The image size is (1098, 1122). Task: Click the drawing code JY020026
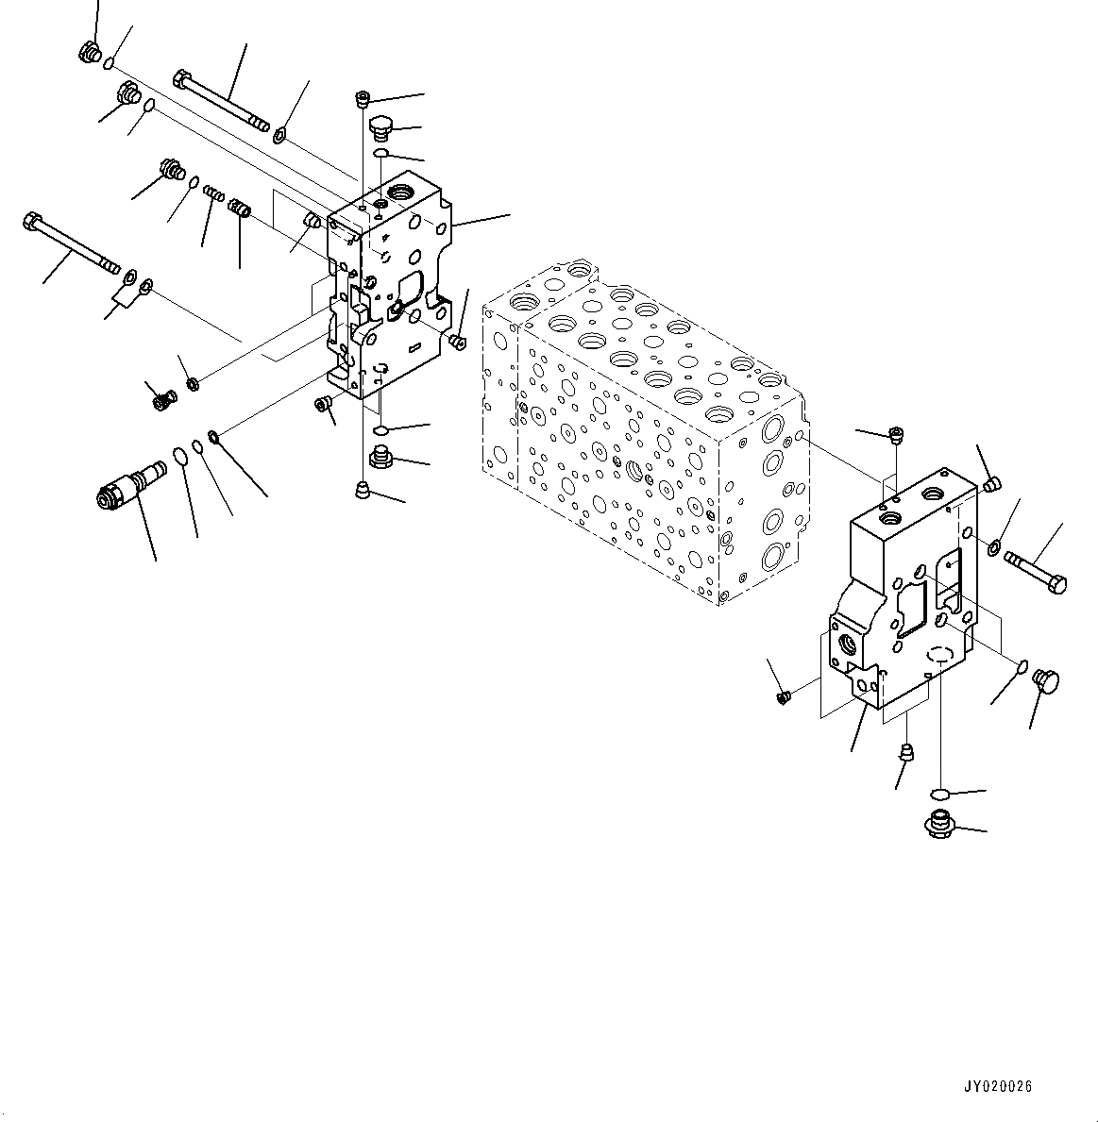point(998,1086)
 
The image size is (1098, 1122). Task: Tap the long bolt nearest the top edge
point(221,102)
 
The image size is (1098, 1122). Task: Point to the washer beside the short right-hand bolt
point(996,548)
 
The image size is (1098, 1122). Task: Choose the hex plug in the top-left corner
point(90,54)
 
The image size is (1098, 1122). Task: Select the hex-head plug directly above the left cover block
point(380,127)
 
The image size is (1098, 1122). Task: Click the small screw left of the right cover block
point(782,697)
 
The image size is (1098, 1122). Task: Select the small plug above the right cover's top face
point(895,434)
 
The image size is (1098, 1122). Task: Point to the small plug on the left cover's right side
point(459,339)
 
